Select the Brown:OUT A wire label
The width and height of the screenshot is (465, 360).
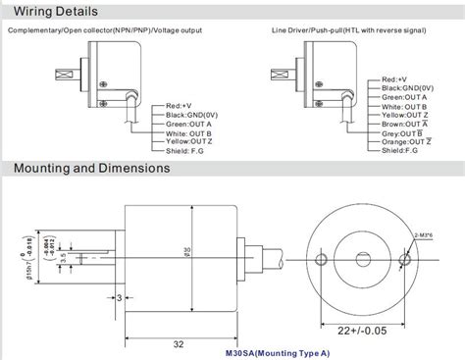tap(403, 124)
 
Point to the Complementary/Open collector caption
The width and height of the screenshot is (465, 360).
tap(103, 31)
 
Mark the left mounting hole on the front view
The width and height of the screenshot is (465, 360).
tap(322, 259)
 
